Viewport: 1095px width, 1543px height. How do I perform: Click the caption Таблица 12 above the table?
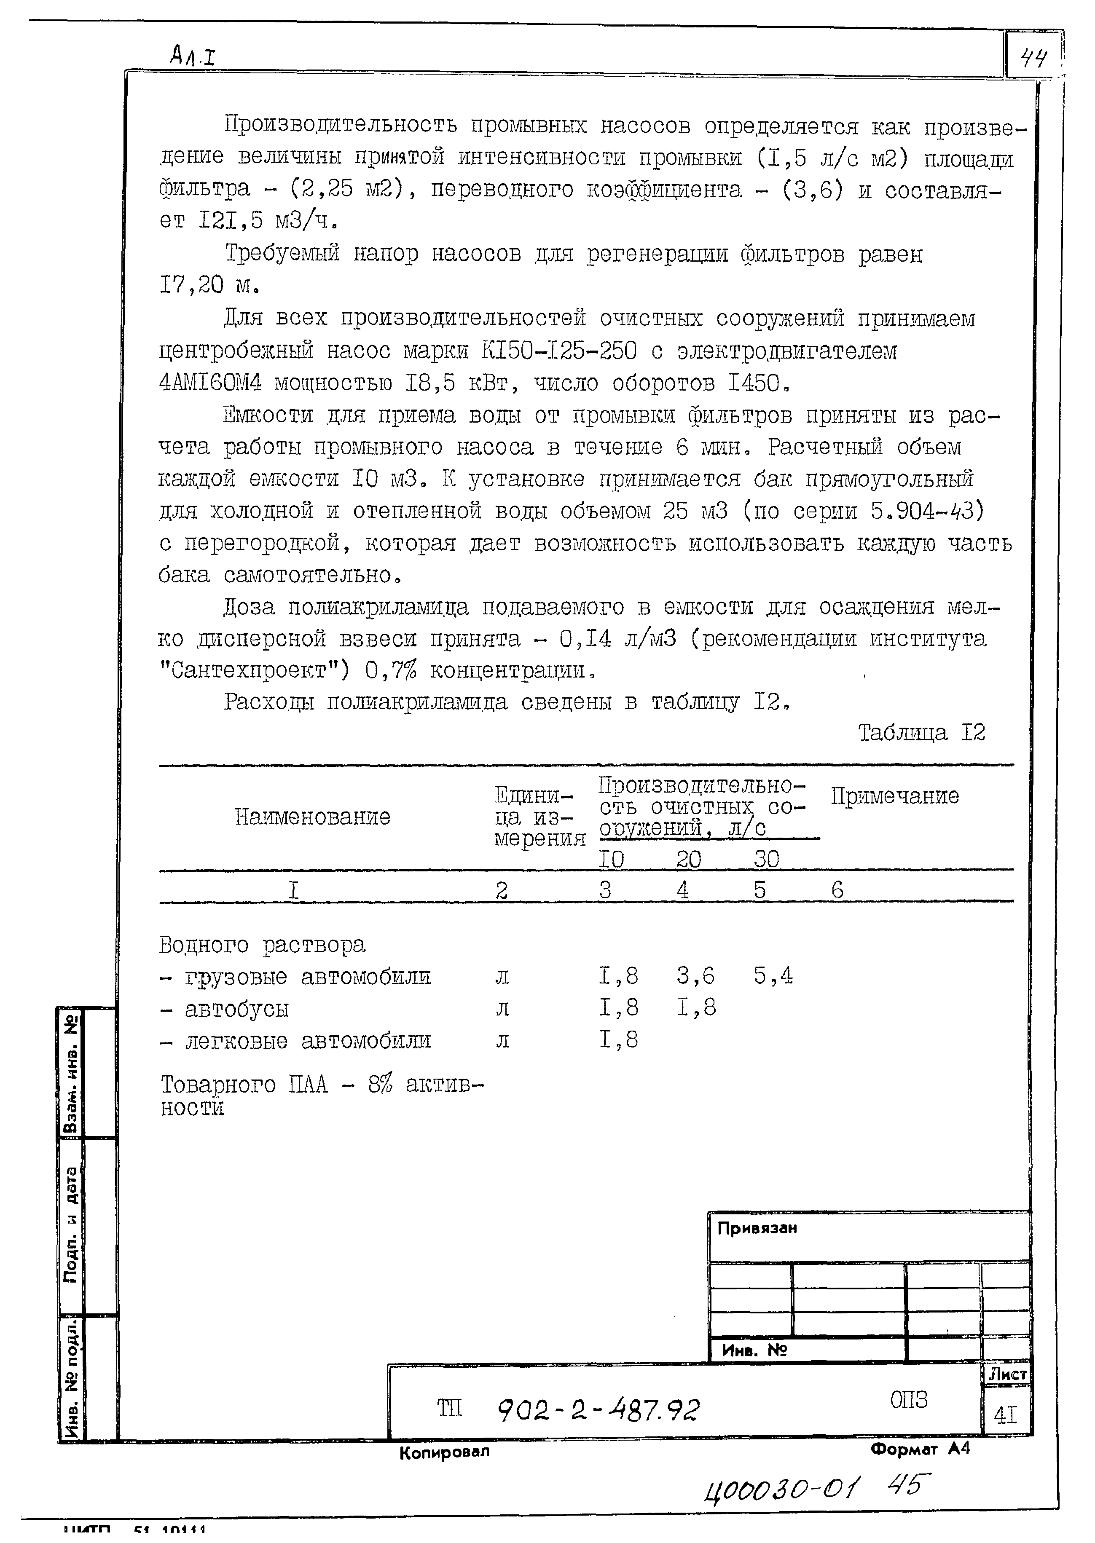(x=921, y=733)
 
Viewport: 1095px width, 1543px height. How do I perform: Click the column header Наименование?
(x=313, y=817)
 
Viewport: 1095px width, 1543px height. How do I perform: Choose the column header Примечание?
(x=894, y=796)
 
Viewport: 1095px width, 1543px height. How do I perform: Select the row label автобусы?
(x=236, y=1008)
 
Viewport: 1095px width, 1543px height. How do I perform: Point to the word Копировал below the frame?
(x=444, y=1451)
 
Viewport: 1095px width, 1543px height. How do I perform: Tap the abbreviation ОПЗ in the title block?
(x=908, y=1400)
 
